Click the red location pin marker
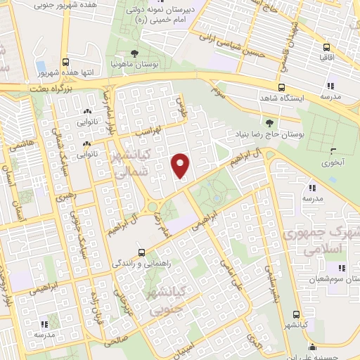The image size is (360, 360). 181,165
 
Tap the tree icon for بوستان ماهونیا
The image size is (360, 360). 135,53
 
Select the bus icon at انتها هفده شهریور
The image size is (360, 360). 65,62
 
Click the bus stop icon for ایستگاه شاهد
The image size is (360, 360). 281,88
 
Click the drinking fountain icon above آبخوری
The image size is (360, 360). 333,150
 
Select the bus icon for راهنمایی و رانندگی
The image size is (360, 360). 141,252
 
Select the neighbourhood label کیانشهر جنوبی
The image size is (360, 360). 162,300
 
